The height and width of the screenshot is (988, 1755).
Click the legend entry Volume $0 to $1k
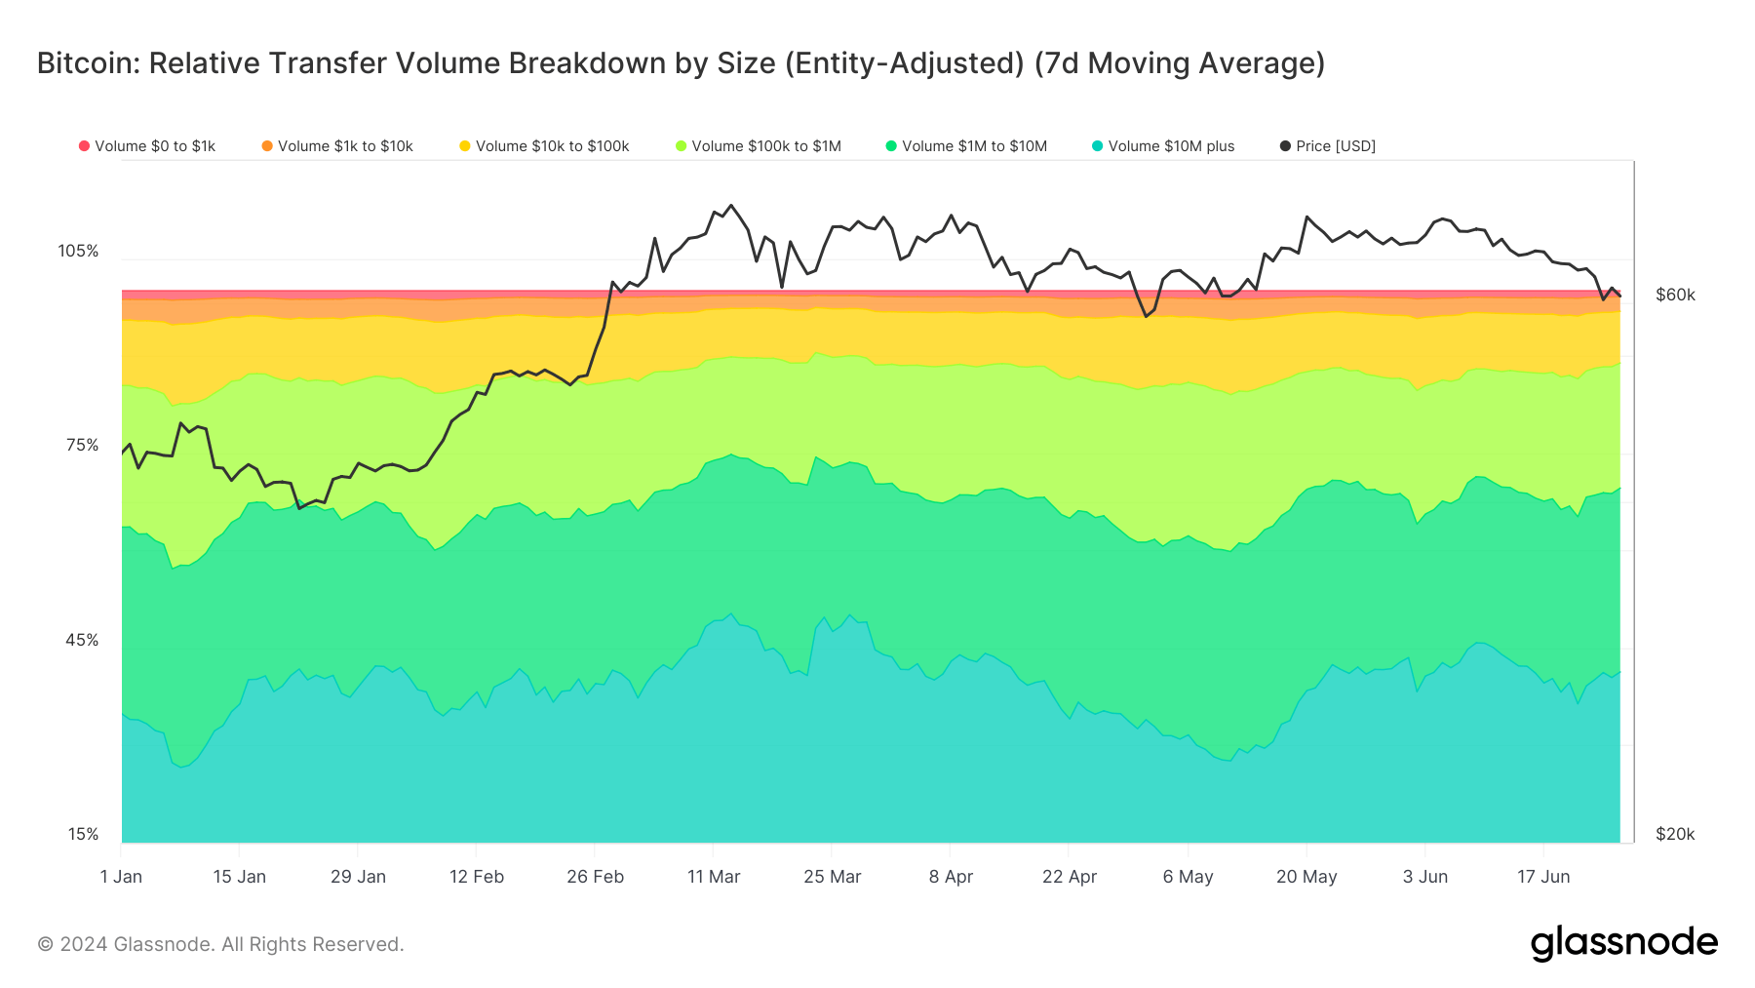[x=147, y=146]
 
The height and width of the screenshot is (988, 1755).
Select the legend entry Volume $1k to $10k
[x=337, y=146]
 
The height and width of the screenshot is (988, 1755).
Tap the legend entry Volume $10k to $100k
[x=544, y=146]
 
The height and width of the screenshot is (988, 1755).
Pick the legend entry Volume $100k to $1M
[x=758, y=146]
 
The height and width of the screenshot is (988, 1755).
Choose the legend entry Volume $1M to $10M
[x=966, y=146]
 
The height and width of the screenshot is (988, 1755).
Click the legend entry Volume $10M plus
[x=1163, y=146]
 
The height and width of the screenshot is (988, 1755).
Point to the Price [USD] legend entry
[x=1328, y=146]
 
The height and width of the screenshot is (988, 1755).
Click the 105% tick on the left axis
[x=78, y=251]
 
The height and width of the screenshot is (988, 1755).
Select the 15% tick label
[x=83, y=834]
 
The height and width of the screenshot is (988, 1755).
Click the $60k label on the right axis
[x=1675, y=295]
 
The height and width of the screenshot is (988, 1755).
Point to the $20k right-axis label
[x=1675, y=834]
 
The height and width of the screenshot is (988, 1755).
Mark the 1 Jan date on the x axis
[x=121, y=876]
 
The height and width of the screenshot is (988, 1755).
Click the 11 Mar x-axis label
[x=714, y=876]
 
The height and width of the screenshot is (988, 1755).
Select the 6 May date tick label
[x=1188, y=876]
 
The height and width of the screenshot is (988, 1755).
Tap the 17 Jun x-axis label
[x=1543, y=876]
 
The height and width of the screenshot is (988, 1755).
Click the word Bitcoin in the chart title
[x=88, y=63]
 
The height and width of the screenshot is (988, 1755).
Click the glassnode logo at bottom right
[x=1623, y=943]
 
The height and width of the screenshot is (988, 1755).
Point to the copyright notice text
[x=220, y=944]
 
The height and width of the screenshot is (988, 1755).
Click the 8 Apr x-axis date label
[x=951, y=876]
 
